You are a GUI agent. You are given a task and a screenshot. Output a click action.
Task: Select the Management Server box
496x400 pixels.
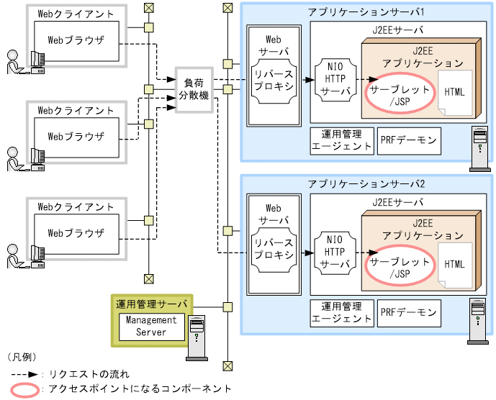pos(146,326)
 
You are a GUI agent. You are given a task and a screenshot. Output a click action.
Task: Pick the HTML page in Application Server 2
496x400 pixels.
pos(455,264)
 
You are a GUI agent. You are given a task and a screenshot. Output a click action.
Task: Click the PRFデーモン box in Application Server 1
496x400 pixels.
pos(408,140)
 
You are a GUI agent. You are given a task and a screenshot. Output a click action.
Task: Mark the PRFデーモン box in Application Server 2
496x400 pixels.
pos(408,312)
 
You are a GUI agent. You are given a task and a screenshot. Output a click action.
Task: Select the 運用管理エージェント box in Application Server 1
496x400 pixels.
pos(341,140)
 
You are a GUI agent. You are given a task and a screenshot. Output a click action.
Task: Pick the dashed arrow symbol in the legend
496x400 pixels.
pos(24,374)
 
